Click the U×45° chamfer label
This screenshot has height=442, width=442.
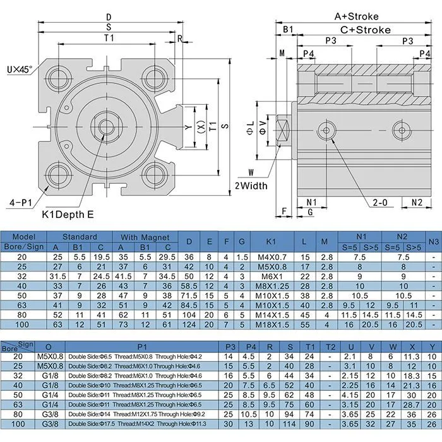(x=21, y=66)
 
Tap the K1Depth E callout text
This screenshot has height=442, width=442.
(x=68, y=215)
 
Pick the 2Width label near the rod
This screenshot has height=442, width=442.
(x=251, y=186)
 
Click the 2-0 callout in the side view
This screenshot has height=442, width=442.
(x=380, y=202)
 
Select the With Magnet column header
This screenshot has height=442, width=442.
(x=145, y=237)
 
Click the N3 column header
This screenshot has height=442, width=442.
(x=433, y=241)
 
